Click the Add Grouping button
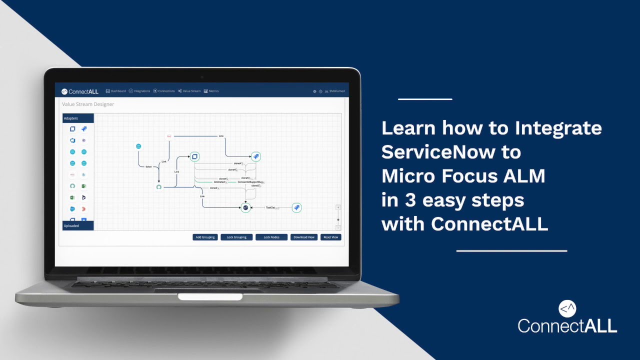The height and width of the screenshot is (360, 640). (205, 237)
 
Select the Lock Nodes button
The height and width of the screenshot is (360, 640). (271, 237)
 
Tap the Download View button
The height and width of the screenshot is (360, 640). (303, 237)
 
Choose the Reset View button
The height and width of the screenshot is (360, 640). (330, 237)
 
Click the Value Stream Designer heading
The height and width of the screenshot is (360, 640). (88, 104)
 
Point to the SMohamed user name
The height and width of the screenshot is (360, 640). (337, 91)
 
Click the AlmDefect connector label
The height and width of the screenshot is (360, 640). (220, 182)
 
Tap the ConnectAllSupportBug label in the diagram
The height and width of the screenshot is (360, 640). (250, 182)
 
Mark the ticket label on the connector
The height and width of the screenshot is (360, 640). (148, 166)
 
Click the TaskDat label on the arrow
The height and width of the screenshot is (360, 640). (271, 207)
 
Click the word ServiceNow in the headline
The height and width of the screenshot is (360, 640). (451, 152)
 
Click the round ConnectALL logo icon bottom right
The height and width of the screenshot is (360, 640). (567, 308)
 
